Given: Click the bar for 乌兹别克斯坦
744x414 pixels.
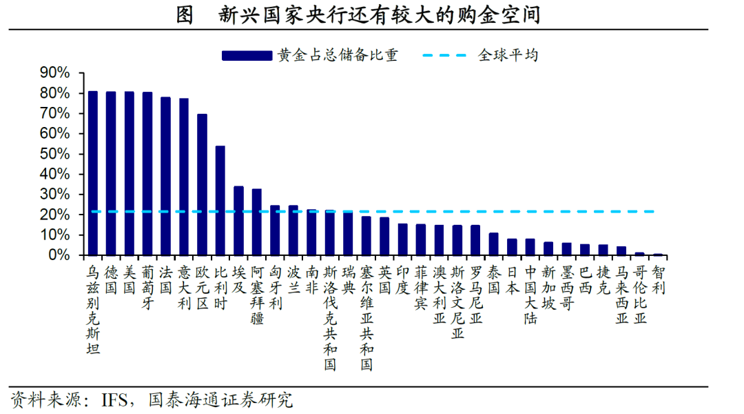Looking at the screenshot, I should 92,172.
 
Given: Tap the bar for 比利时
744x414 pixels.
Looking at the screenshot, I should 220,200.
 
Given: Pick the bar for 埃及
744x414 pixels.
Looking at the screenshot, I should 238,221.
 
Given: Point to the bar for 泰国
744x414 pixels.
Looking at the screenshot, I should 493,244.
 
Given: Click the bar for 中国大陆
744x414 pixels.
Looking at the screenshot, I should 530,247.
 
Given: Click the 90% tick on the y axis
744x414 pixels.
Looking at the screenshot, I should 55,72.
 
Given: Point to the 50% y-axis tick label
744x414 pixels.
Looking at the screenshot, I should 55,154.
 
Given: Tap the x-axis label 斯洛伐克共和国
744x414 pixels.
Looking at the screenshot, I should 329,318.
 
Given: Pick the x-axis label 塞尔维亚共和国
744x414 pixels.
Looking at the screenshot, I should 366,318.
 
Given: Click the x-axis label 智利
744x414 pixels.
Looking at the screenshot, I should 658,280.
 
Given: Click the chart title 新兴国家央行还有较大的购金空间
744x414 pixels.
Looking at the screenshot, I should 378,14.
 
